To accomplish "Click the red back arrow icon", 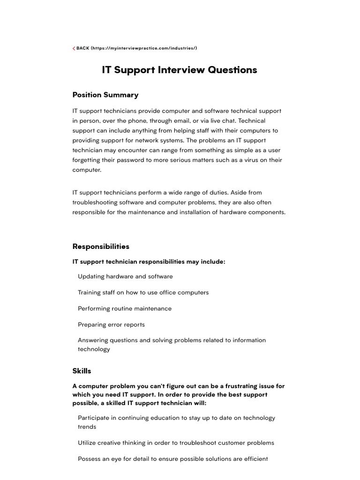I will tap(74, 48).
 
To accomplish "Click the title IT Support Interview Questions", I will tap(180, 70).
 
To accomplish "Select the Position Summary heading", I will tap(105, 95).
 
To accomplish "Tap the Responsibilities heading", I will tap(101, 246).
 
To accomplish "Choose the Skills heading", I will tap(82, 371).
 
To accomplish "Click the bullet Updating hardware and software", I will tap(125, 277).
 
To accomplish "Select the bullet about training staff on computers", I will tap(143, 292).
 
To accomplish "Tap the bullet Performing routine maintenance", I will tap(125, 308).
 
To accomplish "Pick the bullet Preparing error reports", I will tap(111, 324).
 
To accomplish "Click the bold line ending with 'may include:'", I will tap(149, 262).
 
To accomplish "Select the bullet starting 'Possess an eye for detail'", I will tap(172, 459).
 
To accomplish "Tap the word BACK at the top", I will tap(82, 48).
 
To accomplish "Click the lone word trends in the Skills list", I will tap(87, 427).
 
